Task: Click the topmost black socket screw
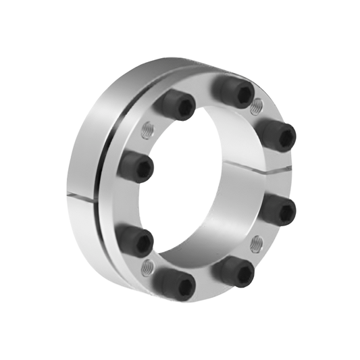coord(236,89)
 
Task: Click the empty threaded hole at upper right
coord(256,107)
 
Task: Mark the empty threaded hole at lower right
coord(256,241)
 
